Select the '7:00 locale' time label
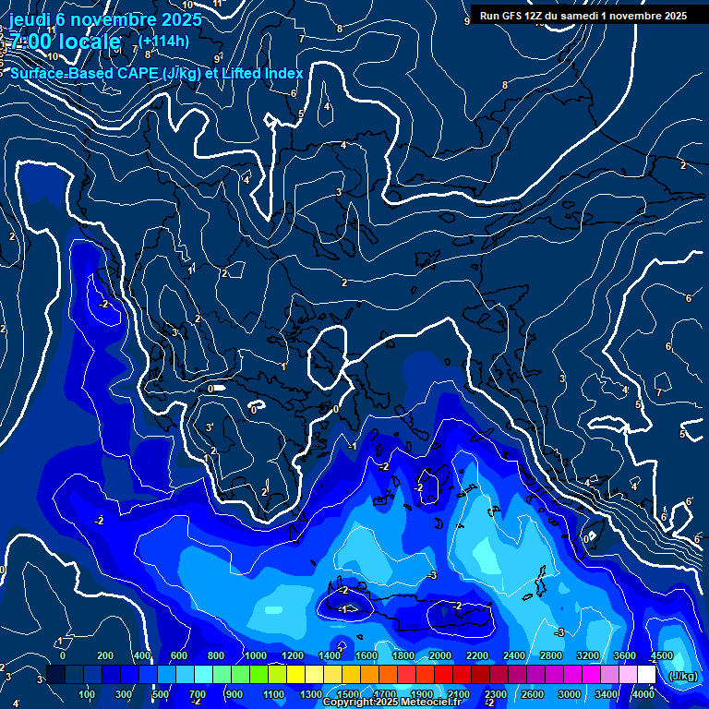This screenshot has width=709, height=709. (65, 42)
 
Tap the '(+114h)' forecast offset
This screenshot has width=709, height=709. (165, 41)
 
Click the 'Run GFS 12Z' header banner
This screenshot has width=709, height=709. (583, 16)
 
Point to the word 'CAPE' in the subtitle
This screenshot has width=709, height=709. (136, 73)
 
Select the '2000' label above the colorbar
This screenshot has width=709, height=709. (439, 655)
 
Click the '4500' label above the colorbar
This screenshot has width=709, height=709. (661, 655)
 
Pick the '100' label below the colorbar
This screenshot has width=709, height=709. (88, 694)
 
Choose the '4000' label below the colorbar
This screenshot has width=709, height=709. (643, 694)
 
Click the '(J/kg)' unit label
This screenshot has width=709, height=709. (682, 676)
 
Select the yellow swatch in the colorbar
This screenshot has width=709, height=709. (294, 676)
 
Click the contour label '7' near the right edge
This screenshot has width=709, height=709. (658, 392)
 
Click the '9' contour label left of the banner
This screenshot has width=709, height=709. (466, 20)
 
